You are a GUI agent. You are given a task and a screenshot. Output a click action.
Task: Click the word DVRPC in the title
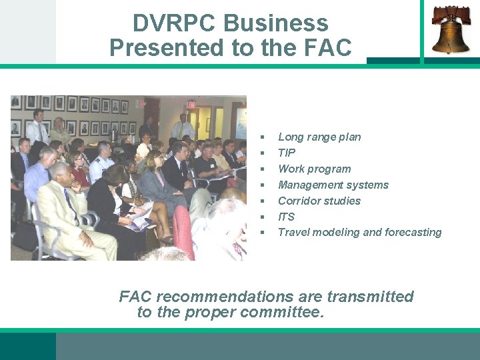point(175,23)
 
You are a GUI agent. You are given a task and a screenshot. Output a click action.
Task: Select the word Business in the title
point(277,23)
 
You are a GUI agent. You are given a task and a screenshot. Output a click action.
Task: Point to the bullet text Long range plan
point(319,137)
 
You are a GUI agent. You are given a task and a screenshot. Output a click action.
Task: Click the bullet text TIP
point(287,153)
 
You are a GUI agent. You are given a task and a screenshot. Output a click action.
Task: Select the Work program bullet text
point(314,169)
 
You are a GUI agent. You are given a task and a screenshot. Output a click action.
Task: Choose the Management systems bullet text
point(333,185)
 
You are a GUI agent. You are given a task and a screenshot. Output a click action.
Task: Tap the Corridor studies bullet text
point(319,201)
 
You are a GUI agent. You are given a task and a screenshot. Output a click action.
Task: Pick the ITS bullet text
point(286,217)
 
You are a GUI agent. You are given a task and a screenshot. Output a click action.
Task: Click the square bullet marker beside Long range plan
point(263,137)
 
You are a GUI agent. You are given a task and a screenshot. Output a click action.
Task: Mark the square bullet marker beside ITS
point(263,217)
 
